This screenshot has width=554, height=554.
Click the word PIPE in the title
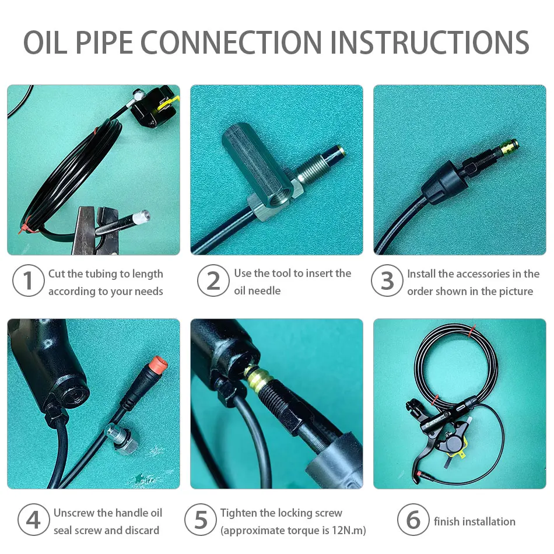click(104, 43)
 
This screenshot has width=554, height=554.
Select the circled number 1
click(28, 280)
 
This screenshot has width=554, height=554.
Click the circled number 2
click(213, 280)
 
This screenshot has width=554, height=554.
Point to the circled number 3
click(387, 280)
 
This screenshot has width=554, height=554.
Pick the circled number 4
click(34, 520)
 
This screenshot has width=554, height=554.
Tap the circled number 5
click(201, 520)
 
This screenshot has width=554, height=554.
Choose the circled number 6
click(413, 520)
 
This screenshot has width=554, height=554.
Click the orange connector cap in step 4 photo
click(158, 365)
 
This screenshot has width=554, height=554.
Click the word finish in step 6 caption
click(447, 521)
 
